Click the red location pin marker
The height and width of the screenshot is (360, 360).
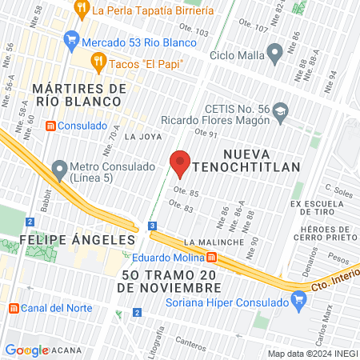pos(180,162)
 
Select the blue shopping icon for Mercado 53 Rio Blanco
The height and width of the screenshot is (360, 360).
pos(71,38)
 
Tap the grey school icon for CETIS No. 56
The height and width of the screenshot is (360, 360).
pos(280,110)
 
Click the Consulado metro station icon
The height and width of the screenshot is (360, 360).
pos(51,126)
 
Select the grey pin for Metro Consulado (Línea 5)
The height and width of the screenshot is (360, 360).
pos(58,169)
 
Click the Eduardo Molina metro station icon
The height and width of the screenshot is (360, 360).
pos(212,258)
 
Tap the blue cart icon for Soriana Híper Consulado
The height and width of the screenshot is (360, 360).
pos(300,302)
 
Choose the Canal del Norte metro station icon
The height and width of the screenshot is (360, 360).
pos(13,309)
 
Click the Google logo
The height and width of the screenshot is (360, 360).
pos(26,350)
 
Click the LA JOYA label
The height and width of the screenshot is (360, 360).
pos(138,136)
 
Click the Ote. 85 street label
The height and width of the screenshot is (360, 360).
pos(185,193)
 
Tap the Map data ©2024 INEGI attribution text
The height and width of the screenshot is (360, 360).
pos(313,354)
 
